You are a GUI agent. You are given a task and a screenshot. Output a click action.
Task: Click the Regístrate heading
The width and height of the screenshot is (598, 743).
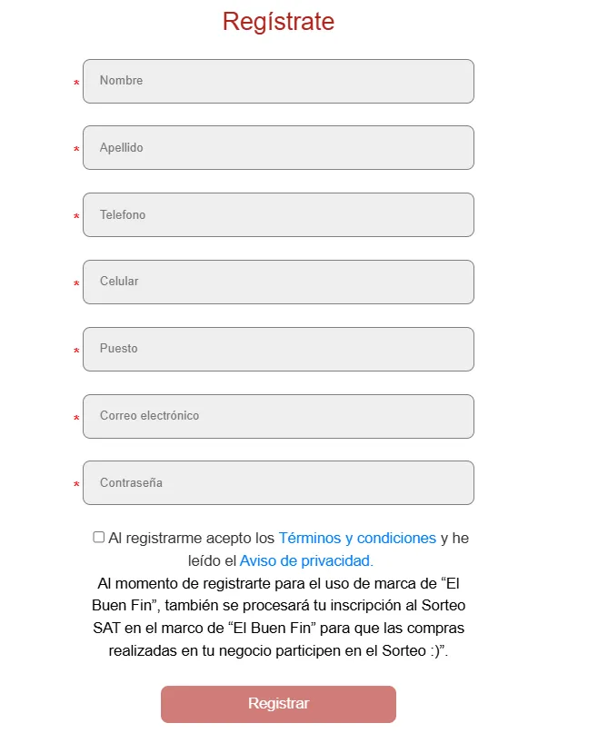[278, 22]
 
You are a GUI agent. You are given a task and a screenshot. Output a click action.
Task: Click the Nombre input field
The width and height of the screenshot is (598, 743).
[278, 81]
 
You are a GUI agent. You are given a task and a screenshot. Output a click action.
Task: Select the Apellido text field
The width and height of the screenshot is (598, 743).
[278, 147]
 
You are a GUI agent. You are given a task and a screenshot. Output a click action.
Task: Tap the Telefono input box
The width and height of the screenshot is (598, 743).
[278, 214]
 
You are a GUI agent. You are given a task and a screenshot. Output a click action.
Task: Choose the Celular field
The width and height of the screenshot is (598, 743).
[278, 282]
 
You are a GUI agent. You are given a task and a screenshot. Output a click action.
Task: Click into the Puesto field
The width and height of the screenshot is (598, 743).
[278, 349]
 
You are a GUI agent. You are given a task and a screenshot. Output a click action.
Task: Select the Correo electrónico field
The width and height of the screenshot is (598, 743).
[278, 416]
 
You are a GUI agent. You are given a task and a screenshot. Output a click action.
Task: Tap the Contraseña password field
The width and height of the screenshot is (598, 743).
[278, 482]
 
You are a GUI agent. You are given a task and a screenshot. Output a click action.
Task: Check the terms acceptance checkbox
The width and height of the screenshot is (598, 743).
[99, 537]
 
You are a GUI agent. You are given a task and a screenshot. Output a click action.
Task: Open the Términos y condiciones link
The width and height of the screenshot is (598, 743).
[357, 538]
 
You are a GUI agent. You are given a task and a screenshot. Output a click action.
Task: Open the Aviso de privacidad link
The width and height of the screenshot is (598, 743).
[306, 560]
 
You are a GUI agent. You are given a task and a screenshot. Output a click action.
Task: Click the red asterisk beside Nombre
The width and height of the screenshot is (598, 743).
[76, 84]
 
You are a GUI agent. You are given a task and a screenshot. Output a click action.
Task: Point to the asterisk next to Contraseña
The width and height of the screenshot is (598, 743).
[76, 486]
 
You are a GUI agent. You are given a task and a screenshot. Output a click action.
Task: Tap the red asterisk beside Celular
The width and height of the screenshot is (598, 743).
[76, 285]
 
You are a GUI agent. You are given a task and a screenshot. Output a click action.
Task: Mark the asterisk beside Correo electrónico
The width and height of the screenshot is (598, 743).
[76, 419]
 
